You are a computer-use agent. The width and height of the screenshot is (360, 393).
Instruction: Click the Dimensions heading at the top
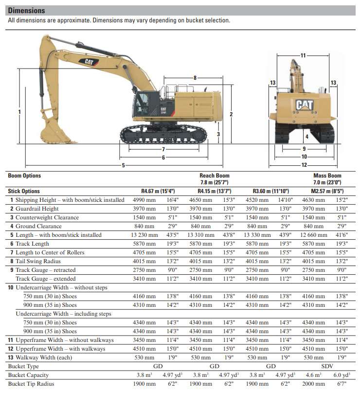point(27,10)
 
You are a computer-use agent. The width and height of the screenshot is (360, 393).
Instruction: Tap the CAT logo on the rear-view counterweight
point(304,105)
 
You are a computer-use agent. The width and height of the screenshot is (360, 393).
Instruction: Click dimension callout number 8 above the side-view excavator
point(195,78)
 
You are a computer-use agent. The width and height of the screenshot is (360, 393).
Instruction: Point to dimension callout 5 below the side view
point(123,165)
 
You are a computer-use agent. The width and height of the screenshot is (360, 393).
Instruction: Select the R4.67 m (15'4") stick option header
point(158,191)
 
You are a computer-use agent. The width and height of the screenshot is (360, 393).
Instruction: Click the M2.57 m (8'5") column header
point(327,191)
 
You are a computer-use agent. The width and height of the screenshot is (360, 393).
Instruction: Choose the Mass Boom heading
point(327,176)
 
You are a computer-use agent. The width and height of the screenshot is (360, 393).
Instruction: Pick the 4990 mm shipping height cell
point(144,200)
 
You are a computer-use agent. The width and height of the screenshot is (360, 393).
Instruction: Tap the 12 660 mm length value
point(312,235)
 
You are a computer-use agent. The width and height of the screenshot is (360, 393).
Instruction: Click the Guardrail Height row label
point(37,209)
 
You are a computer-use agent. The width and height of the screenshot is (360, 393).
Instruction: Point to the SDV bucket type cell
point(327,366)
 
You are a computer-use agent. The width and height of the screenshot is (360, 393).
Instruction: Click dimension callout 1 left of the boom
point(19,112)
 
